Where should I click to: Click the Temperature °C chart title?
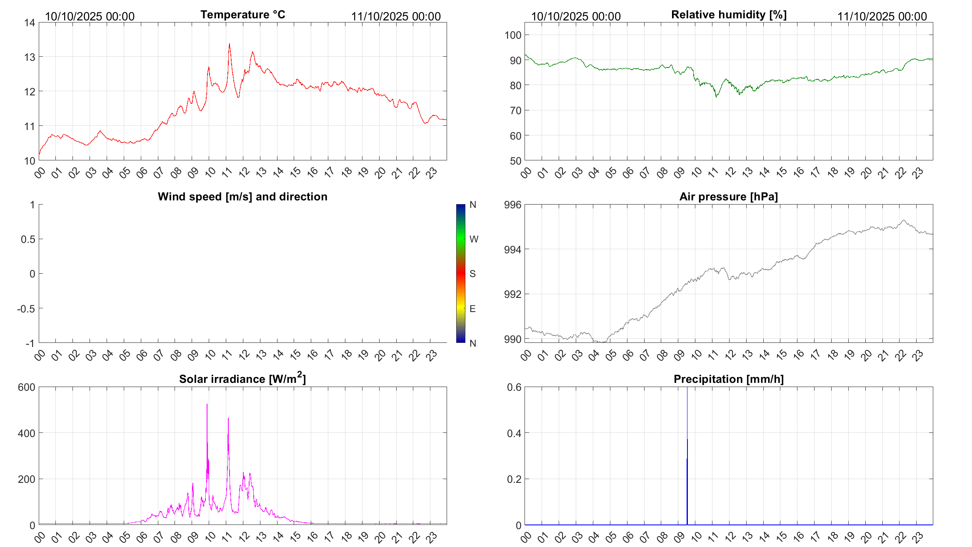coord(242,15)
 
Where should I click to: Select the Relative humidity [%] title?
coord(729,15)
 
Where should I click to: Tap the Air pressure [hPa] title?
coord(728,197)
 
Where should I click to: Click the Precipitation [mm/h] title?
coord(728,379)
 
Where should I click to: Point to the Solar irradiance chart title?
coord(242,379)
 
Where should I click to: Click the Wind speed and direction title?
coord(242,197)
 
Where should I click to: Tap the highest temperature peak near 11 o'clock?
coord(229,44)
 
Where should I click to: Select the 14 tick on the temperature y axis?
coord(30,22)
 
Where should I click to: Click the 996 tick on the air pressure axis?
coord(512,205)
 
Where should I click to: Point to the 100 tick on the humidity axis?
coord(513,35)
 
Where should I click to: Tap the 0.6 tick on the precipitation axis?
coord(514,387)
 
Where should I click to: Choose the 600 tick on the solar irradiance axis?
coord(27,387)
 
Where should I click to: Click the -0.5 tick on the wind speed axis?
coord(26,309)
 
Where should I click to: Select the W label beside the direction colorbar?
coord(474,239)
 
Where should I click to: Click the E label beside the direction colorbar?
coord(472,309)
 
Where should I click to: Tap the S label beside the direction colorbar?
coord(472,274)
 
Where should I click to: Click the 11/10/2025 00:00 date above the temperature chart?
coord(396,16)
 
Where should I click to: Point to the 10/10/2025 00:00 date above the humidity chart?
coord(576,16)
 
